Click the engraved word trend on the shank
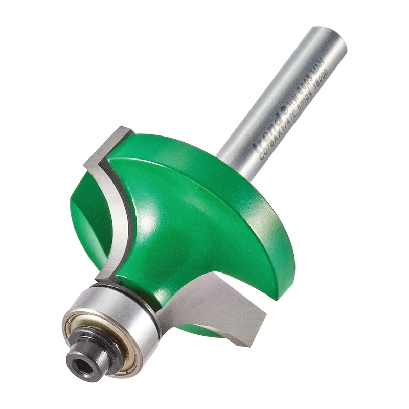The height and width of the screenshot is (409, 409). coord(266,134)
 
